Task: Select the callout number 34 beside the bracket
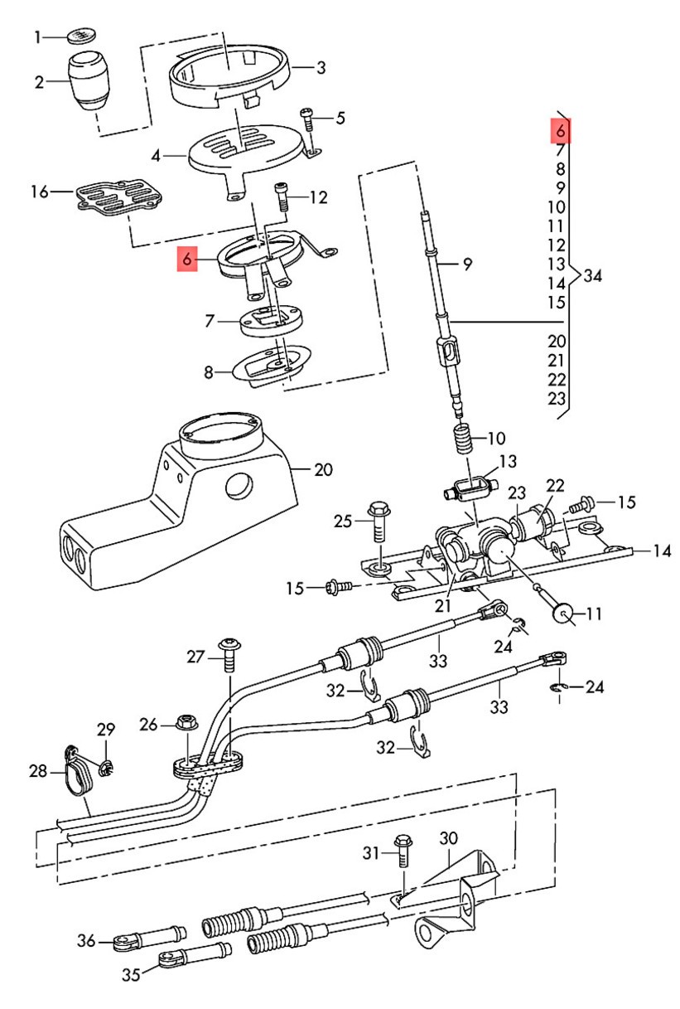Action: pos(592,275)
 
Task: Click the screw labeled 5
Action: pos(308,121)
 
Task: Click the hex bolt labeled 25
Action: pos(379,521)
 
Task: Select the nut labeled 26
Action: pos(186,724)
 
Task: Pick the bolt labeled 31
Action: pos(403,851)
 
